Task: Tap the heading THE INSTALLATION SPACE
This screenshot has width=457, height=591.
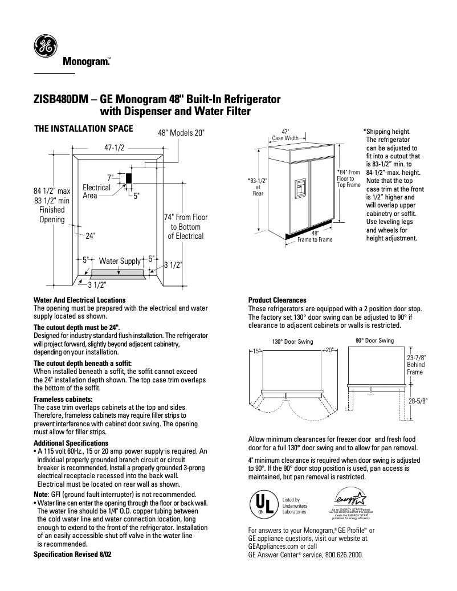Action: click(84, 129)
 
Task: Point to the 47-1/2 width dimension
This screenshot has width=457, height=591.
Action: click(114, 147)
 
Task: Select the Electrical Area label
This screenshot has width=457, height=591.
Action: click(96, 191)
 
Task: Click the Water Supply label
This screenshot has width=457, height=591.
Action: click(120, 261)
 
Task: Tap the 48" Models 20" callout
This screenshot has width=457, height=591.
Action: click(181, 133)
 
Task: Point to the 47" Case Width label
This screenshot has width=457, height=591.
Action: click(285, 134)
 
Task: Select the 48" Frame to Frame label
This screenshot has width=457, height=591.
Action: click(315, 237)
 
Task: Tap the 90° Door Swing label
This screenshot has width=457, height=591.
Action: click(374, 341)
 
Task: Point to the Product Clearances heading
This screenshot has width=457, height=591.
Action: click(277, 300)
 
